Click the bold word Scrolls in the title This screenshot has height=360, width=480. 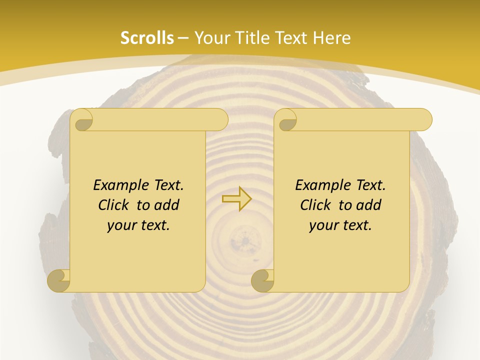(147, 38)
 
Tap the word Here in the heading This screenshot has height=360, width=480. (332, 38)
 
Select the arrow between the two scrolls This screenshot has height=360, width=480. (236, 199)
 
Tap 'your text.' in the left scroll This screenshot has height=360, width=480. (138, 225)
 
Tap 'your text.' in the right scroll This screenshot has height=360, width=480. (340, 225)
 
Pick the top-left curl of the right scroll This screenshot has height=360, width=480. (287, 120)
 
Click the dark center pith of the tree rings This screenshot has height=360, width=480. (245, 240)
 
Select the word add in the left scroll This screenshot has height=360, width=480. (167, 205)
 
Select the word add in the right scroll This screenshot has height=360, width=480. (369, 205)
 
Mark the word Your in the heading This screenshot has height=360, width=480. (212, 38)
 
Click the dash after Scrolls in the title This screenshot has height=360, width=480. (183, 38)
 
